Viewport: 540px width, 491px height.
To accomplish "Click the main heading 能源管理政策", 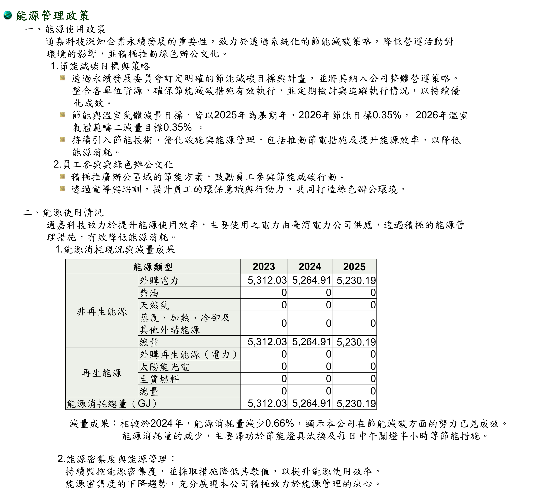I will (53, 15).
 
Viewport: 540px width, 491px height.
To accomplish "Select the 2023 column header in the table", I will (264, 267).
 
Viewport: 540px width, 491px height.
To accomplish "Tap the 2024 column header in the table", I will (310, 267).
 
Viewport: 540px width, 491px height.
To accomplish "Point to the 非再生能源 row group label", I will (102, 311).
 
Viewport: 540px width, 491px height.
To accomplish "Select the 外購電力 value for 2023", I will (267, 280).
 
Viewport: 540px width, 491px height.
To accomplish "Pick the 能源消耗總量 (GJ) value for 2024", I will (311, 403).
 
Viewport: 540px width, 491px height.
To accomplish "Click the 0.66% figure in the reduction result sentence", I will (279, 423).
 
